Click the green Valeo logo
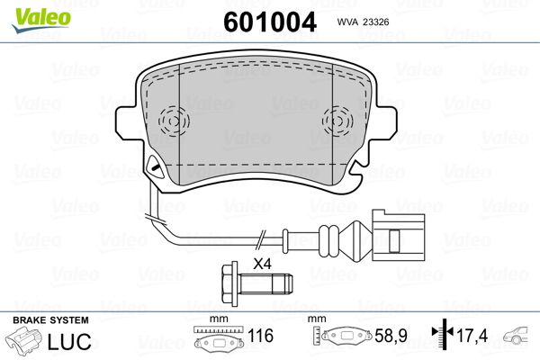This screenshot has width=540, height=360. (41, 20)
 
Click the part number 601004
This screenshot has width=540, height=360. (270, 22)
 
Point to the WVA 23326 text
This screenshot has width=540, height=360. (363, 22)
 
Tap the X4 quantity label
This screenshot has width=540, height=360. (263, 265)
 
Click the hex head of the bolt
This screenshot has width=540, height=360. (229, 283)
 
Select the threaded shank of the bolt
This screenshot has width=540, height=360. (265, 283)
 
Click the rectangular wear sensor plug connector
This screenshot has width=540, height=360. (398, 236)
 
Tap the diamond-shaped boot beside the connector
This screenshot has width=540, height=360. (358, 241)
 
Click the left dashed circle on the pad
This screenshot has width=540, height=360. (174, 121)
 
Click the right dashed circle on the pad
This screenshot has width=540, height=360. (337, 121)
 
